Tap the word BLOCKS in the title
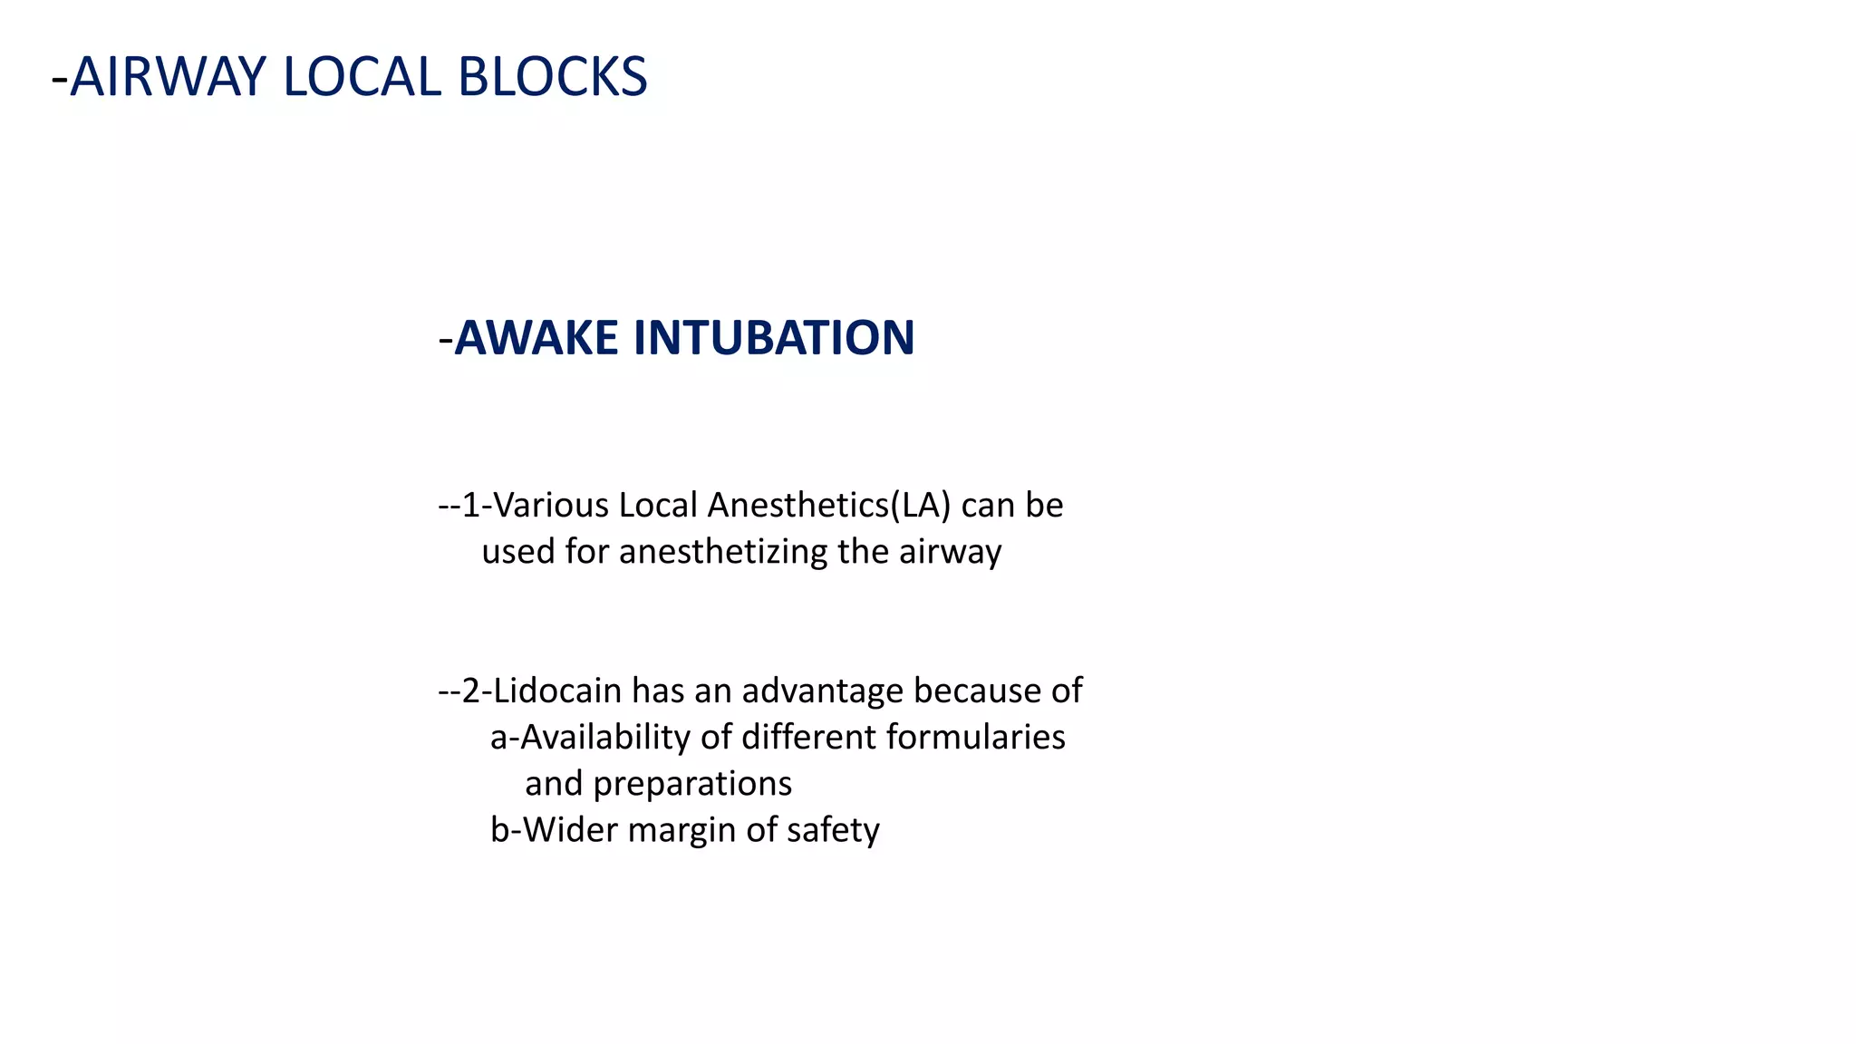552,77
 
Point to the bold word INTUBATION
774,338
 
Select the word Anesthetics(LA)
829,506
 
